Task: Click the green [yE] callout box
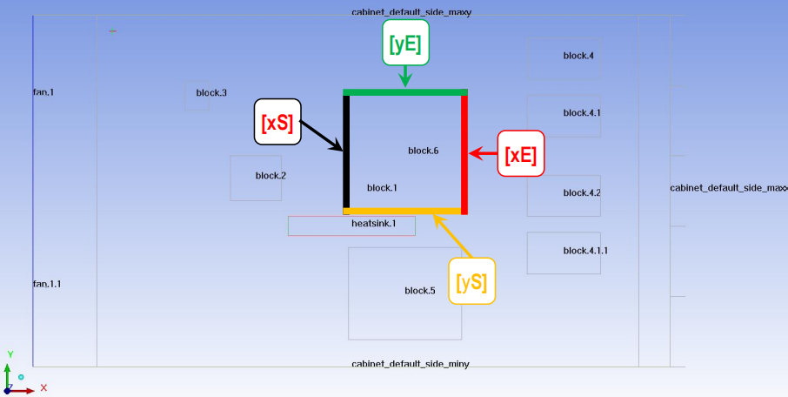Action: point(405,43)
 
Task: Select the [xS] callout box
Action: point(277,122)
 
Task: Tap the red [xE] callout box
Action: point(521,153)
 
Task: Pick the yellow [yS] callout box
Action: point(472,280)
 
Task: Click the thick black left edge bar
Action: point(346,151)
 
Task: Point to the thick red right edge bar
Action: point(464,152)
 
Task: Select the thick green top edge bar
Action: point(405,92)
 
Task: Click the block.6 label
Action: point(424,151)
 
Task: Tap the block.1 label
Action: point(382,188)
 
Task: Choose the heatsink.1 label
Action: point(373,224)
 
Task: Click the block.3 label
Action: point(211,92)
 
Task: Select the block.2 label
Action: point(270,176)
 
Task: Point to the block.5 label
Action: point(419,290)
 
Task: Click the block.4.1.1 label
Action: point(585,250)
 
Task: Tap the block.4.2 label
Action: point(582,192)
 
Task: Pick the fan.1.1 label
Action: point(47,284)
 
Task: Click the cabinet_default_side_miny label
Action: point(410,364)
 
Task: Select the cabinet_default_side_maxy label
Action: point(411,12)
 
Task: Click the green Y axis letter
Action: point(10,354)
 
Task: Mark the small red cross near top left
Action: point(113,31)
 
